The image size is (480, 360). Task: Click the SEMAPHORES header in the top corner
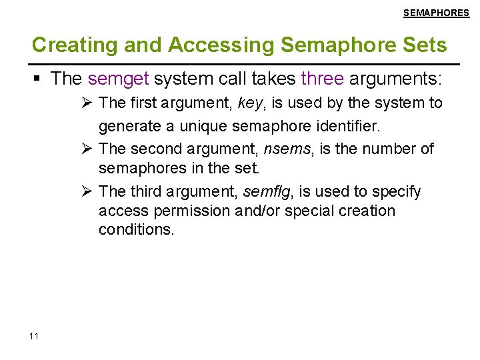[x=436, y=13]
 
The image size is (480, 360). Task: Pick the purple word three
[x=323, y=79]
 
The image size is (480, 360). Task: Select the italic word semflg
[x=269, y=192]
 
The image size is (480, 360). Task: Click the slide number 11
[x=35, y=336]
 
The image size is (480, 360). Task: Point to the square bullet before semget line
[x=38, y=79]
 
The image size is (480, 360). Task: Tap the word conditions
[x=136, y=230]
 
